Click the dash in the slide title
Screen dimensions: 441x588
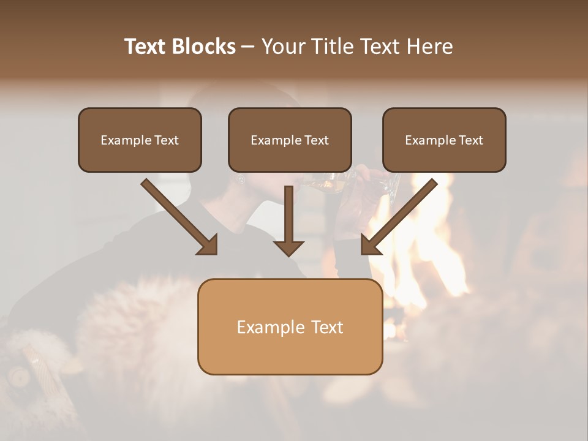pos(248,47)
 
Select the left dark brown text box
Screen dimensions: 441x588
pos(140,140)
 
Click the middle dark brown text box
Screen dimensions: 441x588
pos(290,140)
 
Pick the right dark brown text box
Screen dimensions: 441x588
pos(444,140)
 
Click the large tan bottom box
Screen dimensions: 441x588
pos(290,326)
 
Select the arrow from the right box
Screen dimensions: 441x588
pos(401,214)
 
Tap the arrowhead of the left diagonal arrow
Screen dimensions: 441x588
pos(208,245)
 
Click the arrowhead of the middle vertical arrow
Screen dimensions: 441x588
pos(288,247)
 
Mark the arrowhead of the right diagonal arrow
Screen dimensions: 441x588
pos(370,245)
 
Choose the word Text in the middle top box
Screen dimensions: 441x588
pos(317,140)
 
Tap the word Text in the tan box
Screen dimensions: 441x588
pos(327,327)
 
